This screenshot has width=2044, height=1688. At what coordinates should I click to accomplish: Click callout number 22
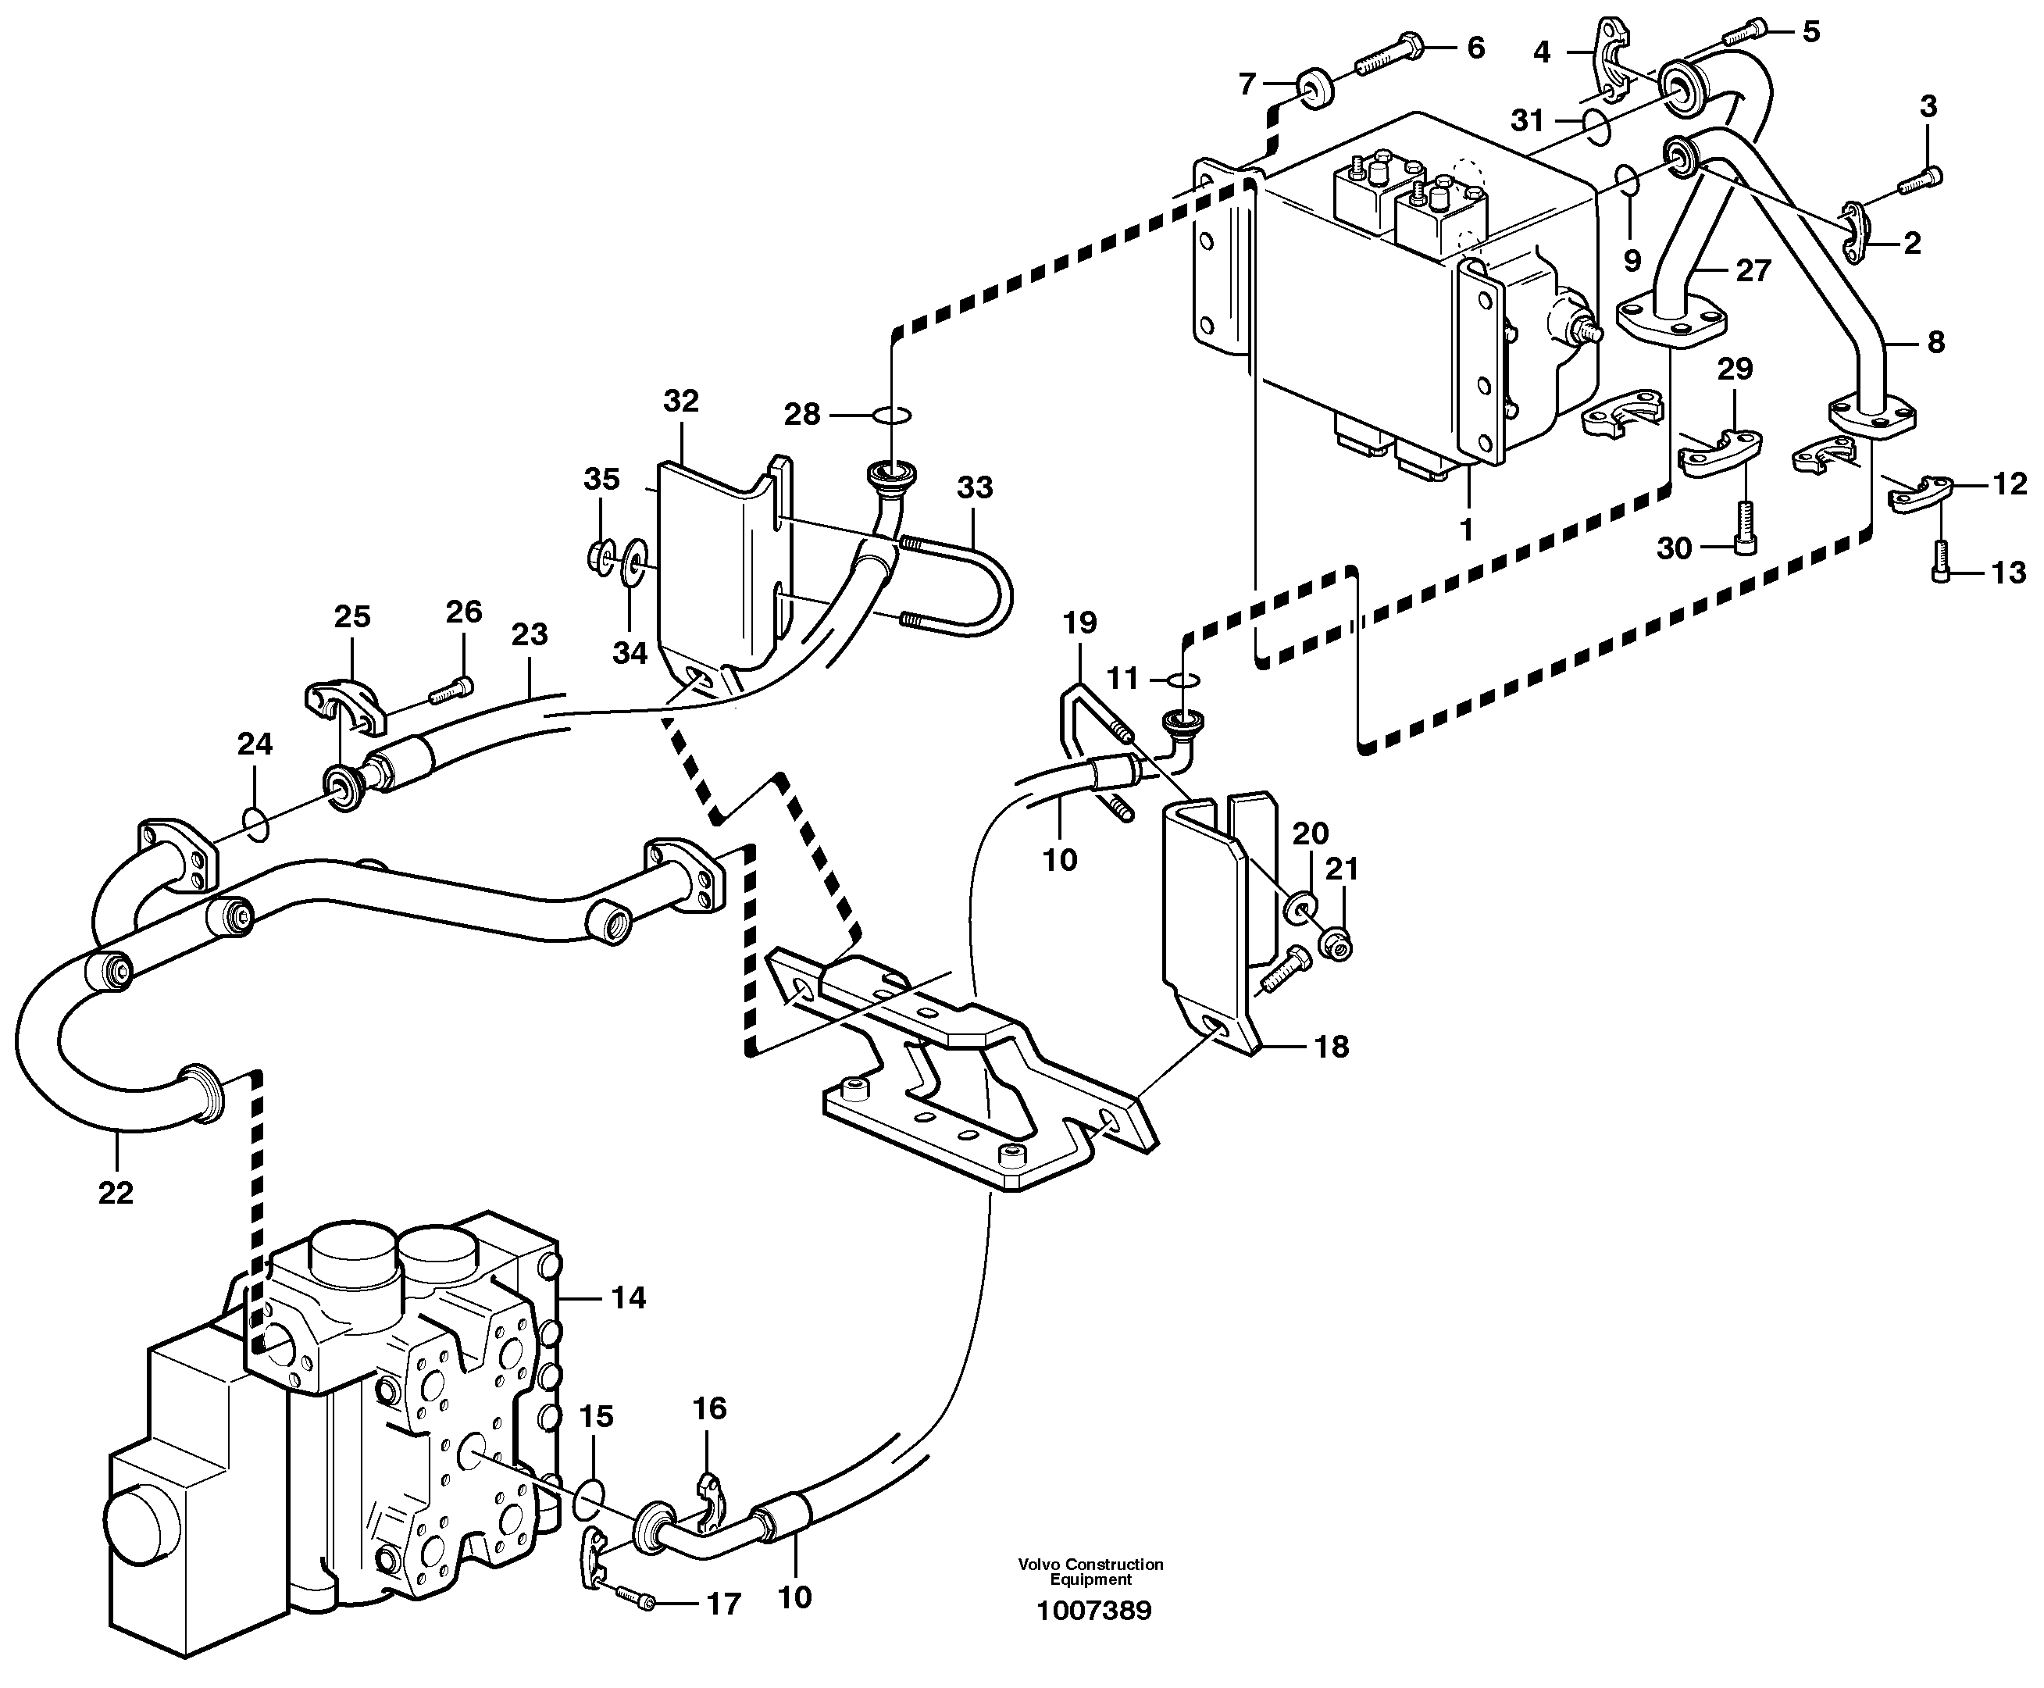[115, 1192]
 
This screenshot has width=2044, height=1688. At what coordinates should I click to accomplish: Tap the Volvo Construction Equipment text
[1090, 1572]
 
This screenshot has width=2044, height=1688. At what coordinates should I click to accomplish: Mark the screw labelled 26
[449, 691]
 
